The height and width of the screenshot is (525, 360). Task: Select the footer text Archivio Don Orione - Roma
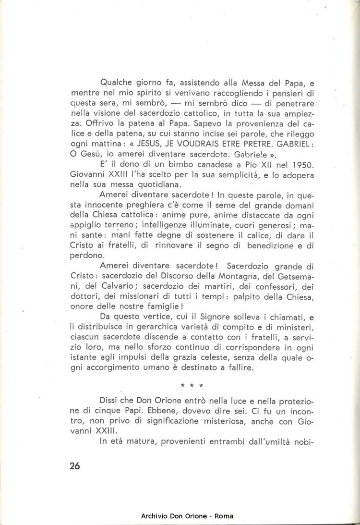click(x=187, y=516)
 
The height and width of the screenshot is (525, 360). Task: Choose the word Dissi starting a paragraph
click(x=110, y=401)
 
